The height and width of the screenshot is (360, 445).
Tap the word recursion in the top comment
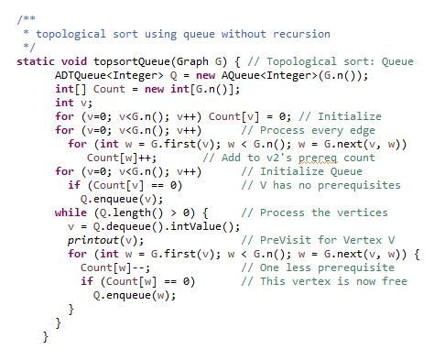click(x=298, y=35)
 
